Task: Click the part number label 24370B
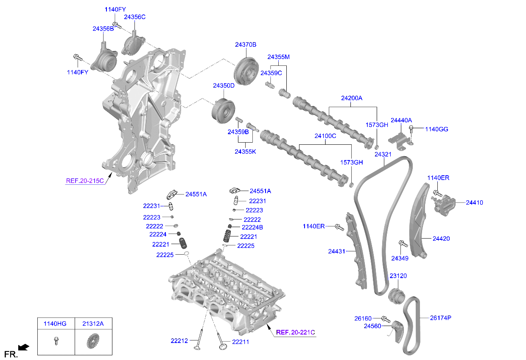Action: pyautogui.click(x=246, y=45)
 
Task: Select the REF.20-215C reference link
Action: pyautogui.click(x=85, y=181)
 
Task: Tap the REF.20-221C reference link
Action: pyautogui.click(x=296, y=332)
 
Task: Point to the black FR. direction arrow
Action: pyautogui.click(x=24, y=348)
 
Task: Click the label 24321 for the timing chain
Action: pyautogui.click(x=383, y=155)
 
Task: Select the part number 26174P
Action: pyautogui.click(x=440, y=318)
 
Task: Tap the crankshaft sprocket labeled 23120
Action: pyautogui.click(x=397, y=295)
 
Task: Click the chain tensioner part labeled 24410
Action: pyautogui.click(x=444, y=204)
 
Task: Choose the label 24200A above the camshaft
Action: pyautogui.click(x=352, y=98)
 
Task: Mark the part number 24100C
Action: pyautogui.click(x=325, y=136)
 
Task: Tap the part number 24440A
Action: pyautogui.click(x=401, y=121)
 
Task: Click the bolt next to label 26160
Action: pyautogui.click(x=386, y=318)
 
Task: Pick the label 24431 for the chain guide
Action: pyautogui.click(x=337, y=251)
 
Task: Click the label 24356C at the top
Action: pyautogui.click(x=134, y=17)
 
